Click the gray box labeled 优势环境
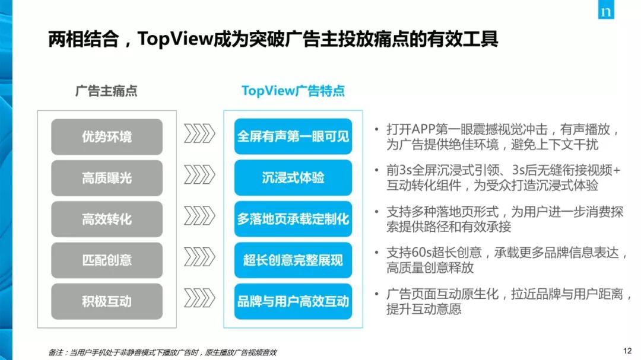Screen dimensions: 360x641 coord(107,137)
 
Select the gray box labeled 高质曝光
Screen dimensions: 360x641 coord(107,178)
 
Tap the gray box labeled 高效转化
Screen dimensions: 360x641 coord(107,219)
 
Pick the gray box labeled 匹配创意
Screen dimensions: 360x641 coord(107,260)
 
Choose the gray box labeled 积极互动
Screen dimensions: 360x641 coord(107,301)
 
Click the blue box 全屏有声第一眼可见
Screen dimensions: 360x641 coord(293,137)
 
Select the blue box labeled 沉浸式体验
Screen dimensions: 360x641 coord(293,178)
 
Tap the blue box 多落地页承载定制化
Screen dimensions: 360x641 coord(293,219)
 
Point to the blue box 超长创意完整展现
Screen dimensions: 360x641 coord(293,260)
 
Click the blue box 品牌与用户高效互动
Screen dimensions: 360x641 coord(293,301)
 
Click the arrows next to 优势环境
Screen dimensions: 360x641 coord(199,135)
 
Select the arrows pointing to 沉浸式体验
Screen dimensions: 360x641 coord(199,176)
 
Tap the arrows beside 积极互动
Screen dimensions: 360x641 coord(199,298)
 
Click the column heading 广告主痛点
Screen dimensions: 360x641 coord(106,91)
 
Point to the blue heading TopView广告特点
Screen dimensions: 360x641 coord(293,91)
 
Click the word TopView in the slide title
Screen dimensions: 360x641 coord(175,40)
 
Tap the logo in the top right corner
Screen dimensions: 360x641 coord(606,11)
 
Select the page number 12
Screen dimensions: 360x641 coord(627,351)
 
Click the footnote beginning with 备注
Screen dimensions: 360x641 coord(163,352)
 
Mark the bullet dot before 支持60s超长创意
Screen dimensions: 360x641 coord(377,253)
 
